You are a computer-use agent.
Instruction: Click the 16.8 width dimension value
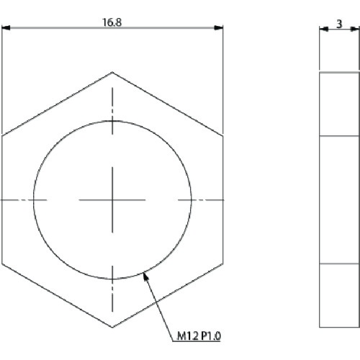pos(112,22)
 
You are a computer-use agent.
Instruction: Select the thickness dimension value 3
pos(339,23)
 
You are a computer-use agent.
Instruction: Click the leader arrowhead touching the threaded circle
pos(147,274)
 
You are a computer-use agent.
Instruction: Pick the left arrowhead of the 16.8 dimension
pos(6,29)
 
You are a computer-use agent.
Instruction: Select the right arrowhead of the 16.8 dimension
pos(218,29)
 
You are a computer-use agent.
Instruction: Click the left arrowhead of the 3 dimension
pos(322,29)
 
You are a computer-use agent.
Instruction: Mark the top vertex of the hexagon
pos(112,71)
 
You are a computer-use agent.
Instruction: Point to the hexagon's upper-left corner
pos(2,135)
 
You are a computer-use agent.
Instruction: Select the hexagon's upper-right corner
pos(222,135)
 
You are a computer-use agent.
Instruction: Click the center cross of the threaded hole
pos(112,199)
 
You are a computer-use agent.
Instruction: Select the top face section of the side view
pos(338,104)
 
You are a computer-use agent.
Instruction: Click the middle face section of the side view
pos(338,199)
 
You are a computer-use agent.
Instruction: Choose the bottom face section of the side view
pos(338,294)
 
